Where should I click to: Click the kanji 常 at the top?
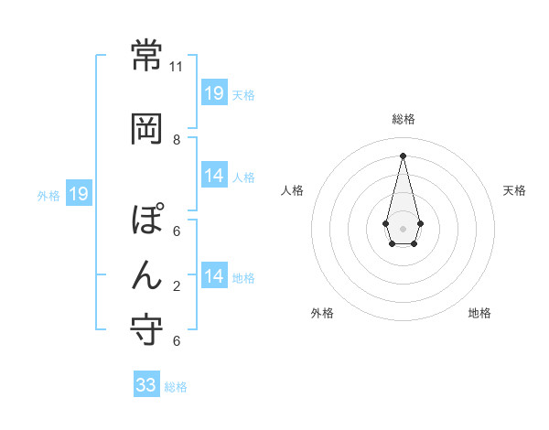(x=146, y=56)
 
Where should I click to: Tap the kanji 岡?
(x=146, y=130)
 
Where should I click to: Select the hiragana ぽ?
(x=147, y=222)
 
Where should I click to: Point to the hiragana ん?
(x=146, y=273)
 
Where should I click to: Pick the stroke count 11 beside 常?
(x=177, y=66)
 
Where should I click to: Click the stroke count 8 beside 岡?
(x=177, y=140)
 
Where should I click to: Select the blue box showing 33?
(x=146, y=385)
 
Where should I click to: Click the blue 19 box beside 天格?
(x=214, y=92)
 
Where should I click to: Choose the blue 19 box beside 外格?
(x=78, y=194)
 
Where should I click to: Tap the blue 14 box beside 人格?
(x=214, y=176)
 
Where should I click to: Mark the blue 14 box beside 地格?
(x=214, y=276)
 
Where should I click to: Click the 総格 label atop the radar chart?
(x=404, y=119)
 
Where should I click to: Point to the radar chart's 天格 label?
(x=515, y=190)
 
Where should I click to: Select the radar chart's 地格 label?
(x=479, y=313)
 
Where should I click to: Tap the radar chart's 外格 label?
(x=322, y=313)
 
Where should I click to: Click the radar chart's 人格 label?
(x=293, y=190)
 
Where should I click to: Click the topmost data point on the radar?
(x=404, y=155)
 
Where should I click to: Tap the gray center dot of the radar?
(x=403, y=228)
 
